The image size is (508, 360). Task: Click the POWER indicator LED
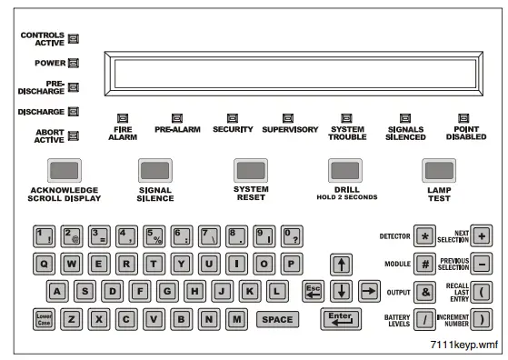[74, 64]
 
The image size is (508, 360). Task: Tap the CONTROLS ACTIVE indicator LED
[74, 38]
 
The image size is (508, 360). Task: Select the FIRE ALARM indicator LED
[123, 117]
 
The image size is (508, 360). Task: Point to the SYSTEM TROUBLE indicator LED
[346, 117]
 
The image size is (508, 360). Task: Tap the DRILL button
[344, 170]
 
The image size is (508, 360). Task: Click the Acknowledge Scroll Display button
[64, 170]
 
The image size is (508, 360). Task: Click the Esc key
[313, 291]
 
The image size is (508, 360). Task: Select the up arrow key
[342, 265]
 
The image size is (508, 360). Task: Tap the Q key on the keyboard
[44, 264]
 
